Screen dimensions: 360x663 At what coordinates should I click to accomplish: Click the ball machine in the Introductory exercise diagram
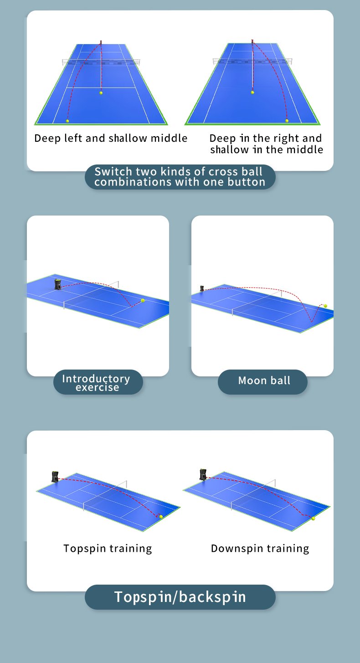pos(58,284)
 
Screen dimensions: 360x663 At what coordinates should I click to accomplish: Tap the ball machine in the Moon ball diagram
pos(202,288)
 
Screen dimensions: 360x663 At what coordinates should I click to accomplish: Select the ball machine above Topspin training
pos(55,477)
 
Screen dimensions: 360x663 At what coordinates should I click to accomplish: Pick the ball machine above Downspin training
pos(203,474)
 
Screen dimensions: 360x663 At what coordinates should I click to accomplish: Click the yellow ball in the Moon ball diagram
pos(325,306)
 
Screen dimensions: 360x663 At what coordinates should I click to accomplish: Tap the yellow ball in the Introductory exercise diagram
pos(143,300)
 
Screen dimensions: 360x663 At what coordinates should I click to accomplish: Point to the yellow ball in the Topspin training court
pos(161,517)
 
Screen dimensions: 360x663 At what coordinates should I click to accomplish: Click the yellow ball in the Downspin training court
pos(313,519)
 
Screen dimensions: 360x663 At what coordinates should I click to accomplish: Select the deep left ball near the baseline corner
pos(67,121)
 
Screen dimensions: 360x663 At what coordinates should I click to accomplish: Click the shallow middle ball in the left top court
pos(101,93)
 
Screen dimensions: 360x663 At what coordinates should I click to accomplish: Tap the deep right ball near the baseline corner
pos(287,121)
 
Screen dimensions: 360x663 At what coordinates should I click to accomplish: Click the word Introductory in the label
pos(96,379)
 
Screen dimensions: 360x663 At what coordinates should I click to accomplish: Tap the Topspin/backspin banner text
pos(180,597)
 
